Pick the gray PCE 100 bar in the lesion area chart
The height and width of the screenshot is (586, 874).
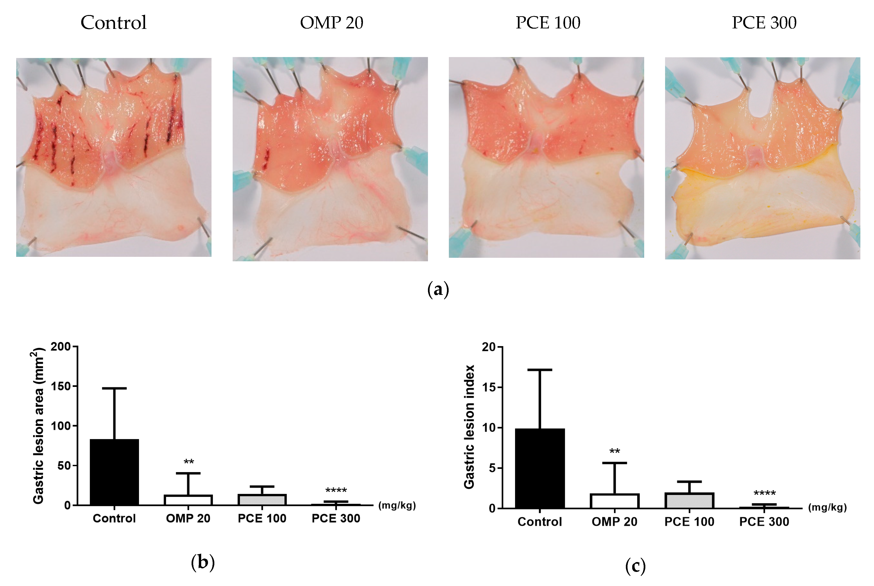click(262, 500)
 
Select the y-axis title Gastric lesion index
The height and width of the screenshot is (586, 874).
click(469, 427)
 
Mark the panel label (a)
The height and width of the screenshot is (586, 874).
click(438, 290)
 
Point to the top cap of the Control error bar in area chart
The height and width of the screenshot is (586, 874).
click(114, 388)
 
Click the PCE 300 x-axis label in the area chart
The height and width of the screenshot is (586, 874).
click(336, 518)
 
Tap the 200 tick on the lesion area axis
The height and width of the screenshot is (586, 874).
click(61, 347)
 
